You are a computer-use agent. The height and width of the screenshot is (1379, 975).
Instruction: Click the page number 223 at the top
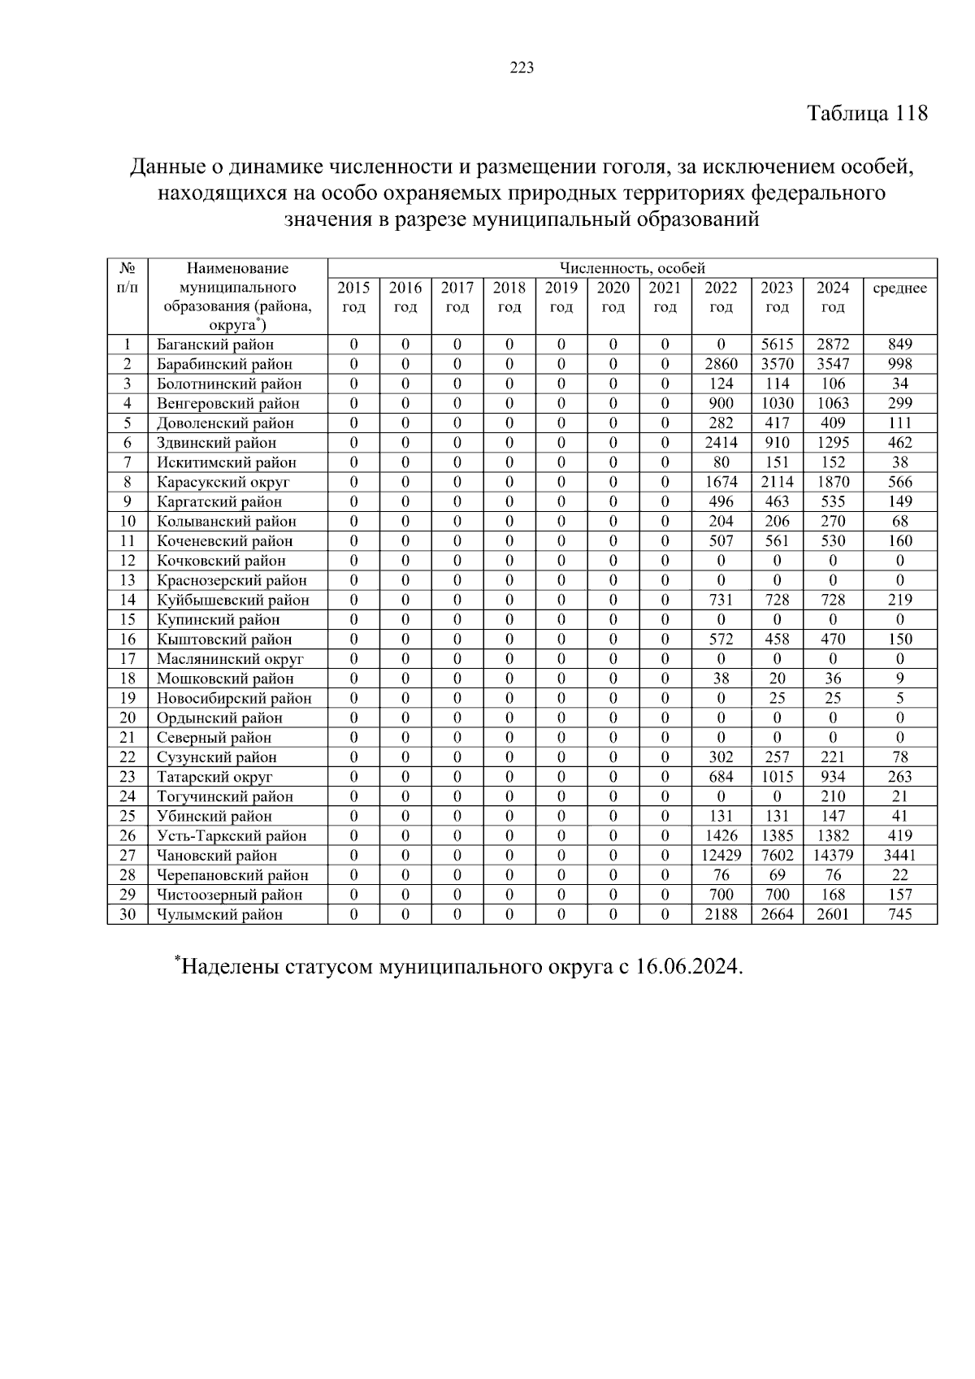click(x=522, y=68)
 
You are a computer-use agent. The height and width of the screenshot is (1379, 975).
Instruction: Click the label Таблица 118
click(x=867, y=113)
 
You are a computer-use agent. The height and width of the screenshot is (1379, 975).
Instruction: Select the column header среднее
click(x=899, y=288)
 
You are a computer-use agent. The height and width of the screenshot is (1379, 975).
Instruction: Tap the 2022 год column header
click(x=721, y=297)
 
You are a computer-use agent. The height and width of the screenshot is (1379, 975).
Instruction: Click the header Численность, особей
click(x=632, y=268)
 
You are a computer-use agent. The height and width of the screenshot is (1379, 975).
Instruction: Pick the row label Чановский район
click(x=217, y=856)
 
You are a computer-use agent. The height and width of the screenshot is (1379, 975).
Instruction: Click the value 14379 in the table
click(x=833, y=856)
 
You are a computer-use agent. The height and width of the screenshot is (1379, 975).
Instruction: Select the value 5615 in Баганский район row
click(x=777, y=345)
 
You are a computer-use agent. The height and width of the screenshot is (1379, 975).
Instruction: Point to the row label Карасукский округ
click(x=223, y=482)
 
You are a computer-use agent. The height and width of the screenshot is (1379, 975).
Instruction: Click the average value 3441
click(x=899, y=856)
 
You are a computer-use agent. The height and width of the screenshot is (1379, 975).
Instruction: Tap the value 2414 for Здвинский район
click(x=721, y=443)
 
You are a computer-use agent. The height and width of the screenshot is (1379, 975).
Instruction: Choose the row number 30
click(x=127, y=914)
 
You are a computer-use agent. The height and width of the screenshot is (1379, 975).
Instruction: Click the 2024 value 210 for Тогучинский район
click(x=833, y=796)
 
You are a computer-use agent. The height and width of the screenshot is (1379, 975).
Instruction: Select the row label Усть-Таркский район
click(x=232, y=836)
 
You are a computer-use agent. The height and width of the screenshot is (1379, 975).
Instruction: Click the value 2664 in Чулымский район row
click(x=777, y=914)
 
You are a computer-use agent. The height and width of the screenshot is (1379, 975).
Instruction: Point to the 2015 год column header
click(x=353, y=297)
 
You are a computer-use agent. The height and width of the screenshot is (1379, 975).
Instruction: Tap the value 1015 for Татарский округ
click(x=777, y=777)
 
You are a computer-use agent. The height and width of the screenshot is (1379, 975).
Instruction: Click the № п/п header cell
click(x=127, y=278)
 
